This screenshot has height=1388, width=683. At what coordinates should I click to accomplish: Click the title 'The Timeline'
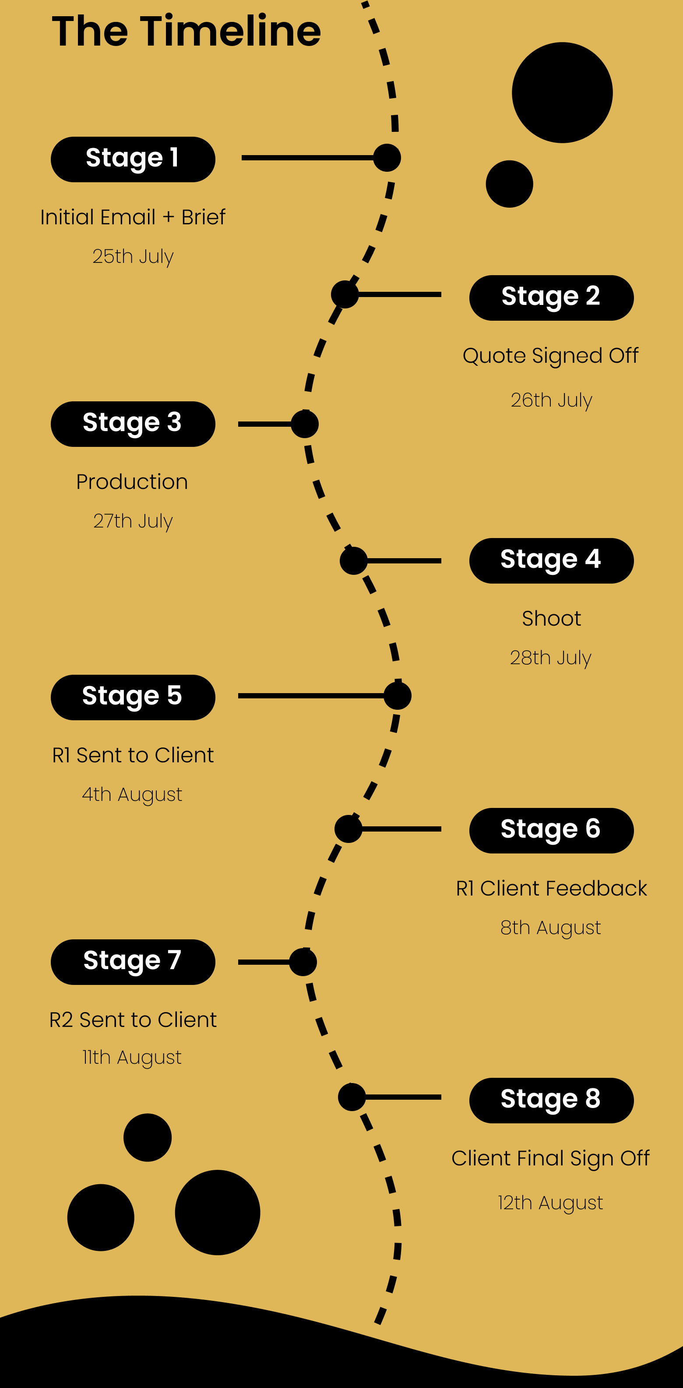187,31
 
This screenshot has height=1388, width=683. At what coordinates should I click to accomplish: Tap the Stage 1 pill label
133,159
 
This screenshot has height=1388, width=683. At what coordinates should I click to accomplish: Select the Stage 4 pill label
551,560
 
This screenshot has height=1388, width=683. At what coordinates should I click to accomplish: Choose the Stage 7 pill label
133,962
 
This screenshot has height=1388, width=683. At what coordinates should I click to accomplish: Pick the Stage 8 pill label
551,1100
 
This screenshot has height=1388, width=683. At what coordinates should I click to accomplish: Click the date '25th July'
133,256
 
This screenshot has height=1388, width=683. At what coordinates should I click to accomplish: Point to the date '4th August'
132,794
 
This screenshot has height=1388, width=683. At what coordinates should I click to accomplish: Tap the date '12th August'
550,1203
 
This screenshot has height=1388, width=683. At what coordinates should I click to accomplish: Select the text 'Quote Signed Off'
550,356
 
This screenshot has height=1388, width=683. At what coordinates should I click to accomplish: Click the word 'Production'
132,482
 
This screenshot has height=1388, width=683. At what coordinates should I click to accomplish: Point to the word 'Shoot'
551,619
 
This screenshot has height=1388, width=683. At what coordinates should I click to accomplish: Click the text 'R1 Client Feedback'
551,888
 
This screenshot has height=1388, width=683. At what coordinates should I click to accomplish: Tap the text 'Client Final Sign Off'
550,1158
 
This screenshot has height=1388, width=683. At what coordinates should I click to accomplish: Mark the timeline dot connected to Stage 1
387,158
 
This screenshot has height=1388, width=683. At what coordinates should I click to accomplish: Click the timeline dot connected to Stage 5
398,696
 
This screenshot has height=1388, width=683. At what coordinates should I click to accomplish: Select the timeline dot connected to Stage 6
349,829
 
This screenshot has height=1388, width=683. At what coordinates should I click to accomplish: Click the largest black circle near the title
562,93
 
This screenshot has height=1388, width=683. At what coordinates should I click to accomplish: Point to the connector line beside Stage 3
265,424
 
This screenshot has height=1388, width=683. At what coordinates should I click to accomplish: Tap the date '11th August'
132,1057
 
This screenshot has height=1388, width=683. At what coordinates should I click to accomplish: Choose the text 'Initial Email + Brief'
133,217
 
